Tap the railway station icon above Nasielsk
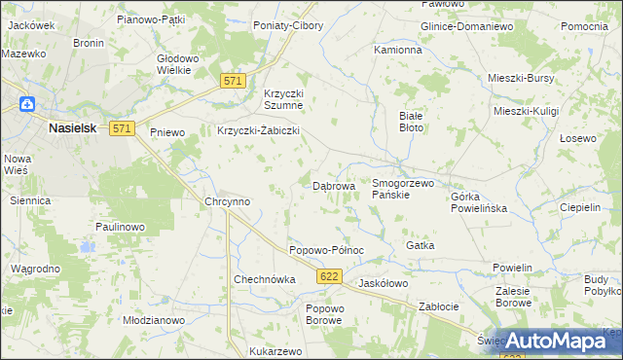(27, 103)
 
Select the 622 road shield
(329, 278)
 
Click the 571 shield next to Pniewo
(122, 128)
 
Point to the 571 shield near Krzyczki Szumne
(232, 83)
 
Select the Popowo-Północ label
(326, 250)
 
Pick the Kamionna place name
(398, 49)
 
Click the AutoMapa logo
(559, 341)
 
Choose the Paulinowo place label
(120, 226)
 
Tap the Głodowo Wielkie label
(178, 63)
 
